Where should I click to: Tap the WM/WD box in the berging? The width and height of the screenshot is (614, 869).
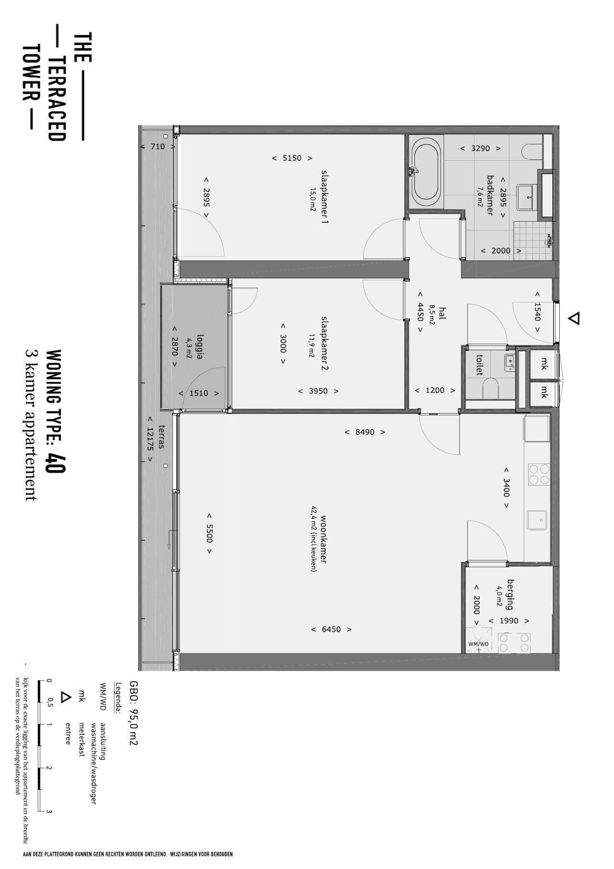tap(478, 640)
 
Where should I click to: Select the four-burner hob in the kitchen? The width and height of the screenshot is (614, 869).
tap(539, 474)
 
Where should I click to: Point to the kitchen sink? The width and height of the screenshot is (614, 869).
tap(538, 520)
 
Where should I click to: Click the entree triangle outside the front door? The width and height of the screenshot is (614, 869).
tap(574, 318)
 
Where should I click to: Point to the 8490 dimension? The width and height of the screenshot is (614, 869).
tap(365, 432)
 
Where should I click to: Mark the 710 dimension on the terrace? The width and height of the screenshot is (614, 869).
tap(157, 146)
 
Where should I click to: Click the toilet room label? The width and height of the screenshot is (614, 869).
tap(479, 365)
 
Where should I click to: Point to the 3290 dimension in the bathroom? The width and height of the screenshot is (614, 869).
tap(480, 148)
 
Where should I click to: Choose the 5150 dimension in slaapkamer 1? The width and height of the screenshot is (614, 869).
tap(292, 158)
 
